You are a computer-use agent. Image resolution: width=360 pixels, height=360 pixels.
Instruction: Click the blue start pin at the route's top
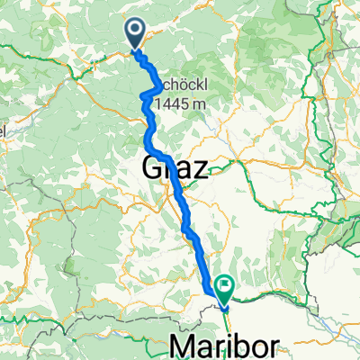[135, 34]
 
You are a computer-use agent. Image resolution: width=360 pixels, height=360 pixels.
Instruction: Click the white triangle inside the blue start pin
[135, 32]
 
